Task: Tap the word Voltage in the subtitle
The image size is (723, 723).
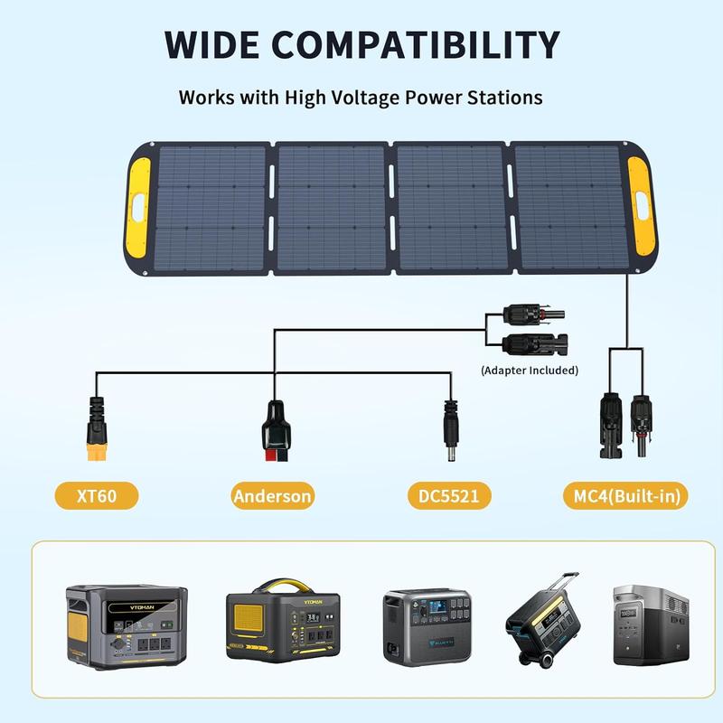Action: point(351,97)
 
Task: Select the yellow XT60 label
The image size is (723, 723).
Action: point(98,495)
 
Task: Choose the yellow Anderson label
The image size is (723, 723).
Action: point(273,495)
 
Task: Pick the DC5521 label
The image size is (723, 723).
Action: point(449,495)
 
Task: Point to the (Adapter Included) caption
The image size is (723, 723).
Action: point(530,370)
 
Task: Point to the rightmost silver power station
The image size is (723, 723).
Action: point(651,624)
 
